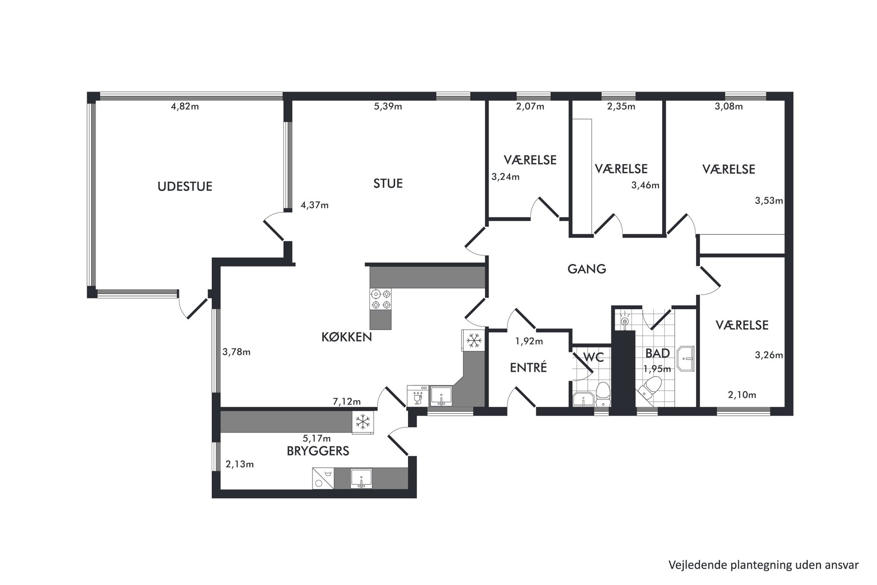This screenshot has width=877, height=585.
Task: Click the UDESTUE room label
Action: point(185,186)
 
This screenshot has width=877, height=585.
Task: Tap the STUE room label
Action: point(388,184)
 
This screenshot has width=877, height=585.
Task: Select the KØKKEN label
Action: point(347,337)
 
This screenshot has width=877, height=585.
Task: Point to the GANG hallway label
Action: point(587,269)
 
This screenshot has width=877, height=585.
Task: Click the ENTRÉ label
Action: point(528,367)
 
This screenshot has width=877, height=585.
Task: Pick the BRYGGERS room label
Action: point(318,451)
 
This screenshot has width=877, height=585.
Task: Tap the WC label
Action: point(594,357)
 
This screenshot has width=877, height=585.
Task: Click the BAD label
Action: point(658,353)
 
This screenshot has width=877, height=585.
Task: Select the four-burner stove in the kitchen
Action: point(381,299)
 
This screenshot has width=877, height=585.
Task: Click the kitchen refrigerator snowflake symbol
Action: point(474,340)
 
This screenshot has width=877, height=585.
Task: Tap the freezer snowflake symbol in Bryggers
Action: point(363,422)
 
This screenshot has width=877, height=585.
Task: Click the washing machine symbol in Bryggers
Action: point(323,478)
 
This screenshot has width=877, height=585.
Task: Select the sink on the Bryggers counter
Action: point(361,479)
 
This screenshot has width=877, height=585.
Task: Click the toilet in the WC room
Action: point(602,395)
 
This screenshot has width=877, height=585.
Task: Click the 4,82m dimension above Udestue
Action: point(185,107)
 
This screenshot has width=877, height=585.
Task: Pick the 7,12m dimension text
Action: point(347,402)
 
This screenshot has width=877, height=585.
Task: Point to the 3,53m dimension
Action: point(769,201)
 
